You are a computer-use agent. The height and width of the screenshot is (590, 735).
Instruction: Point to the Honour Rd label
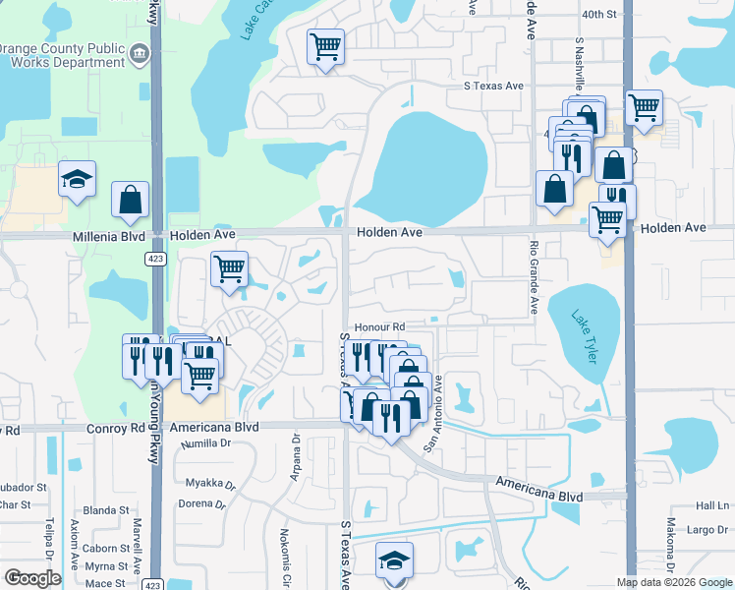point(380,326)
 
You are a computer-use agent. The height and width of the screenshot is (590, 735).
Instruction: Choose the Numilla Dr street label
point(205,443)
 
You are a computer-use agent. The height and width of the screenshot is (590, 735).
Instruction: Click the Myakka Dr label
point(211,485)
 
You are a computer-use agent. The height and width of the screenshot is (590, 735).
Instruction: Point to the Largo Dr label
point(707,530)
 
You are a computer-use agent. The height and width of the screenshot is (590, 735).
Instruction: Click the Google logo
point(32,578)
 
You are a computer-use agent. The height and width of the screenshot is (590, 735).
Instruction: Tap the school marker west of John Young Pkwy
point(77,180)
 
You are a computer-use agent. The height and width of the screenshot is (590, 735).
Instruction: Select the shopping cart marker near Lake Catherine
point(325,45)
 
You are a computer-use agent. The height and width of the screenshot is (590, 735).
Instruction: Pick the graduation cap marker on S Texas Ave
point(395,560)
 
